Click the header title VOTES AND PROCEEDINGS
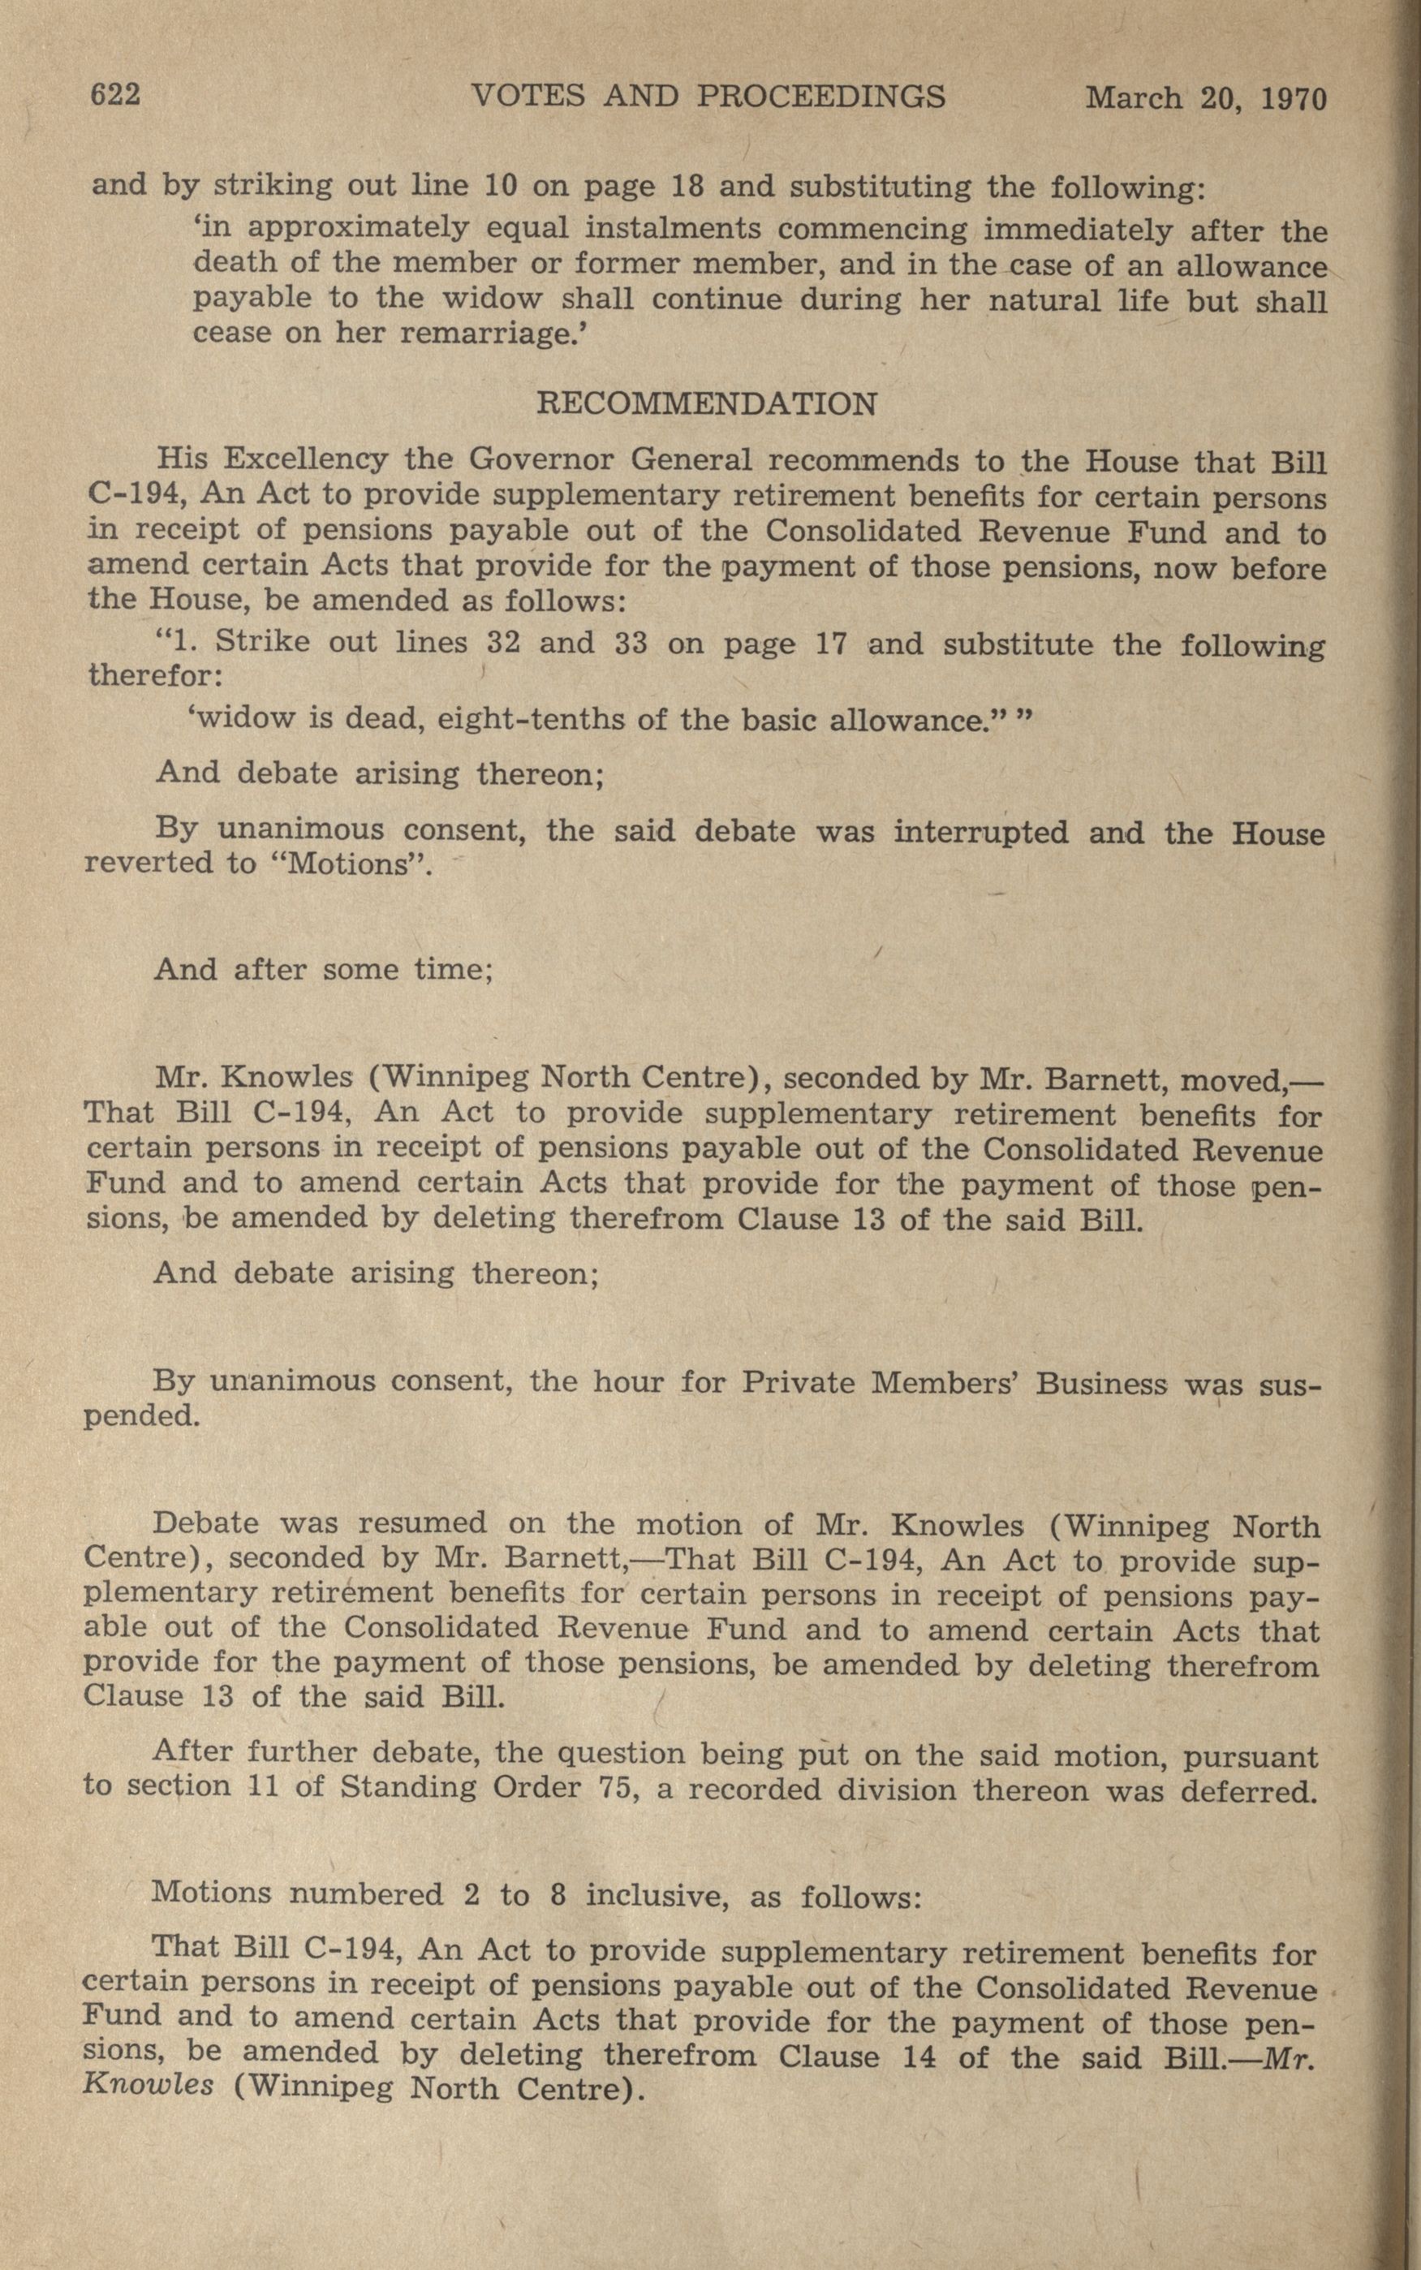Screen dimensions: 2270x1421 pos(708,96)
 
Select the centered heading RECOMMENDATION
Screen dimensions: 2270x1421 pos(707,404)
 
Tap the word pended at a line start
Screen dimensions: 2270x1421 pos(141,1415)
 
